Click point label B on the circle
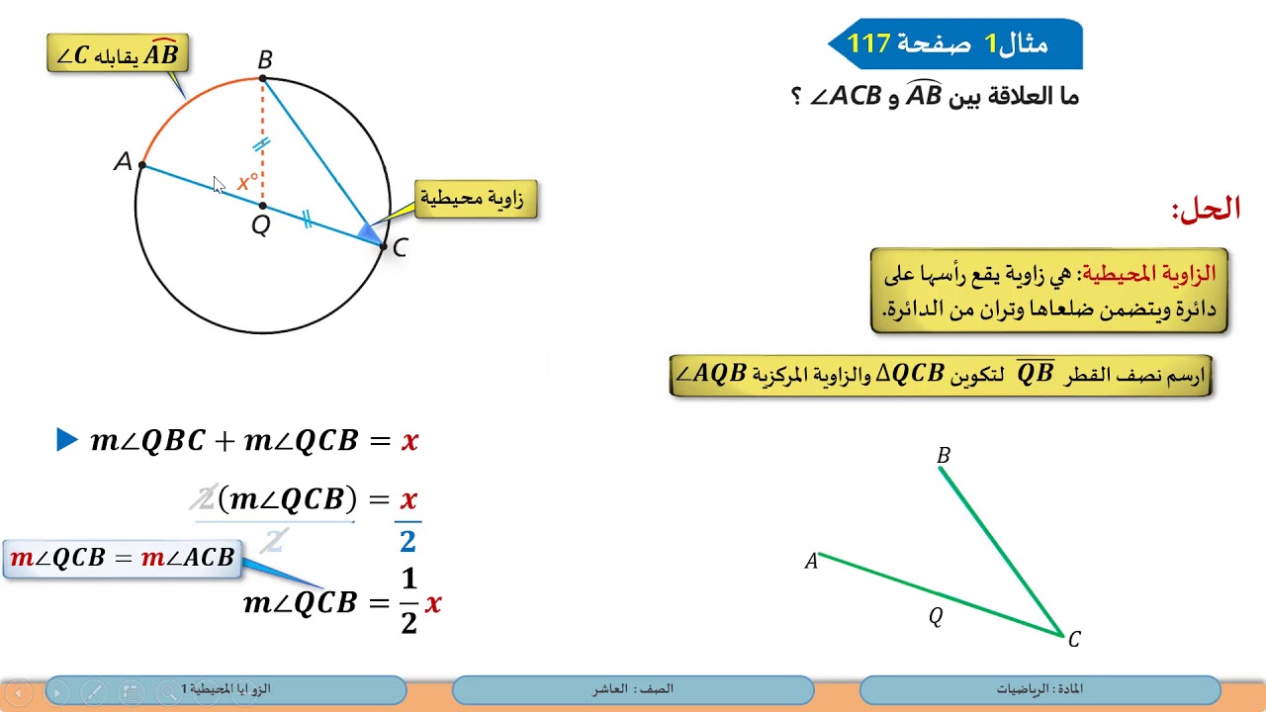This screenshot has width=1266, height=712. (264, 59)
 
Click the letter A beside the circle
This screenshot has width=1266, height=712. (123, 161)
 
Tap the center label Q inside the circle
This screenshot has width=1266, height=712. (260, 225)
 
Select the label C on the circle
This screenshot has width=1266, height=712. (400, 248)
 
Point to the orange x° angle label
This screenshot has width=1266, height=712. (247, 182)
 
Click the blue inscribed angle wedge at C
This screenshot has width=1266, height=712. (368, 233)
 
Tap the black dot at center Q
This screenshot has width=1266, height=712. (262, 206)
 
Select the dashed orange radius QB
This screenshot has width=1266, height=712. (262, 138)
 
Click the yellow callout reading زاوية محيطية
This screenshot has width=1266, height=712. (476, 199)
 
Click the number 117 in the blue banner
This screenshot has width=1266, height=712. (869, 44)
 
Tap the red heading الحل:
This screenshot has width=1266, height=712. (1206, 209)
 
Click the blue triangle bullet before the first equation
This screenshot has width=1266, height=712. (66, 440)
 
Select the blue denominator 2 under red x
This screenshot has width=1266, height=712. (407, 540)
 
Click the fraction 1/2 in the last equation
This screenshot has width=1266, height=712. (408, 601)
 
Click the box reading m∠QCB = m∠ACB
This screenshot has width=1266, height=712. (123, 558)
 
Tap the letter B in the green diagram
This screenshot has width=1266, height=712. (943, 456)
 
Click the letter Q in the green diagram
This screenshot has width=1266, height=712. (935, 616)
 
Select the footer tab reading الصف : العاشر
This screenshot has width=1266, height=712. (633, 689)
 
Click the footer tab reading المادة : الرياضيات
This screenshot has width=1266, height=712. (1040, 689)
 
